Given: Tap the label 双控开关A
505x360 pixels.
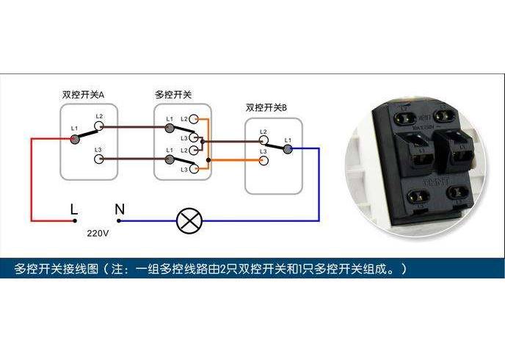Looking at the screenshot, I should point(83,95).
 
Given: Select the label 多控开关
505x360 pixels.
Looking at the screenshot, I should point(173,95).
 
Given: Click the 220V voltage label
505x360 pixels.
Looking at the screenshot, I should point(98,234).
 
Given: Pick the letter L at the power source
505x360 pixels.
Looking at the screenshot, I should point(73,209).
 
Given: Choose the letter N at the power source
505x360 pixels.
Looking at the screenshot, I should point(120,209).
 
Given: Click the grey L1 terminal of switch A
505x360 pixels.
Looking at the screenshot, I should point(74,137).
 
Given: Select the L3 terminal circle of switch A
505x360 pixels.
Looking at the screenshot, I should point(99,159).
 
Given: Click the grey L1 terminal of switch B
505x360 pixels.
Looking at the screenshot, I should point(287,148).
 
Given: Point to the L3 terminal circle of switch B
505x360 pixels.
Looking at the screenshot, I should point(262,159).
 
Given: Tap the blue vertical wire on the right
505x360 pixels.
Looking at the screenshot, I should point(318,184).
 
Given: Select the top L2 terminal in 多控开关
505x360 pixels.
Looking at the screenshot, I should point(194,118).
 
